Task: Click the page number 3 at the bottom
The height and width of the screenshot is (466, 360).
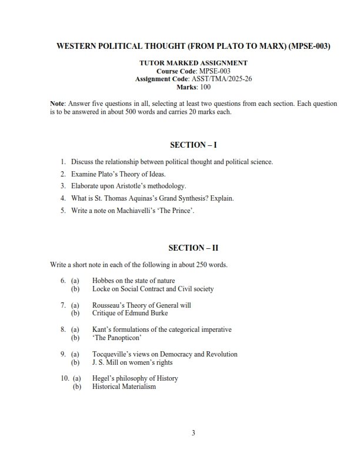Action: [x=193, y=434]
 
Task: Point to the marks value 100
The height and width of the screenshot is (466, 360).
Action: [x=205, y=86]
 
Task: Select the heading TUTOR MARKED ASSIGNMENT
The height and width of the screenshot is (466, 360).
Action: [x=193, y=62]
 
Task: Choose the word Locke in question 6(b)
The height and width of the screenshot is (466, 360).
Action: [x=101, y=289]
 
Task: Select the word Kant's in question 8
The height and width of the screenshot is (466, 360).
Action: [x=101, y=330]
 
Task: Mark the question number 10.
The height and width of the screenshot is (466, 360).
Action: [x=65, y=378]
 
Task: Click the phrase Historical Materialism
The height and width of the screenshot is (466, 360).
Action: [x=124, y=387]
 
